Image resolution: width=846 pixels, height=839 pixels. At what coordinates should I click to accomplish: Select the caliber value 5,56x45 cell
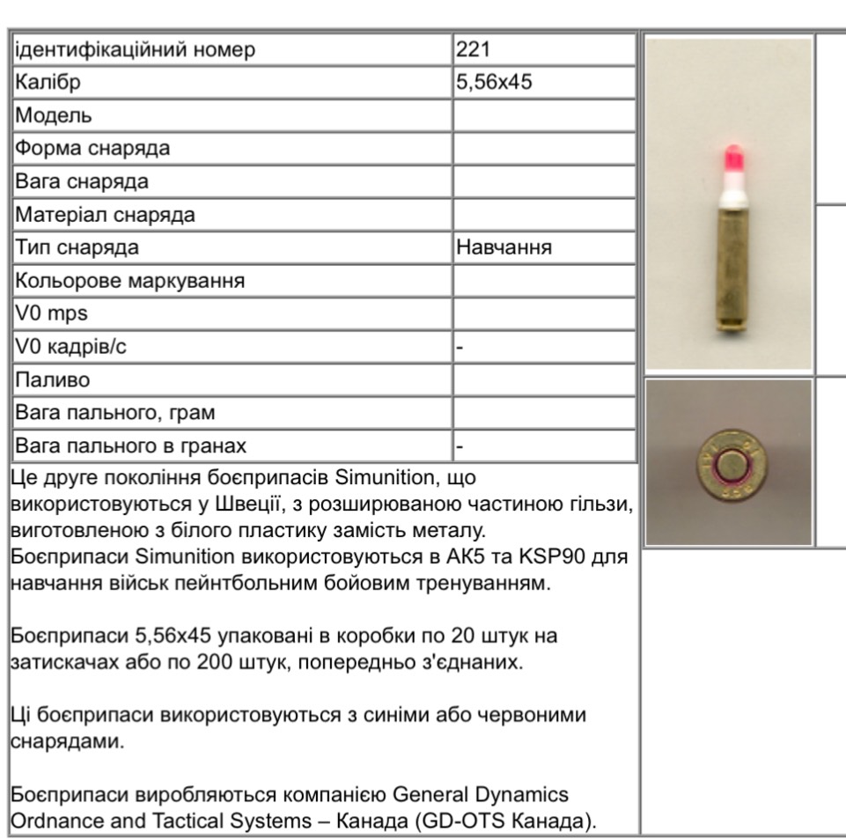(x=494, y=83)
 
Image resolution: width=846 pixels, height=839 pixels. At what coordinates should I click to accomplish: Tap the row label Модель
(x=52, y=115)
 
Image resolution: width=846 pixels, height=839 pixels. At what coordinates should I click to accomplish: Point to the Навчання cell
(x=504, y=247)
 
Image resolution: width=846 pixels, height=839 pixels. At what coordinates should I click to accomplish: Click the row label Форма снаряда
(x=92, y=148)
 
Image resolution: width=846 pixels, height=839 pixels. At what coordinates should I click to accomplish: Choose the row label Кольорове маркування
(x=129, y=281)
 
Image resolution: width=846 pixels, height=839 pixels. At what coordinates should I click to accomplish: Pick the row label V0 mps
(x=51, y=313)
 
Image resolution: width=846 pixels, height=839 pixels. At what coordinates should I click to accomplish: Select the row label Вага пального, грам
(x=114, y=412)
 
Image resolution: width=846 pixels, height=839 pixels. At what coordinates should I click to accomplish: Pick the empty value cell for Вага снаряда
(x=543, y=181)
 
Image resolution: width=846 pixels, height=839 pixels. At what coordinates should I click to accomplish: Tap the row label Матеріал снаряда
(x=104, y=214)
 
